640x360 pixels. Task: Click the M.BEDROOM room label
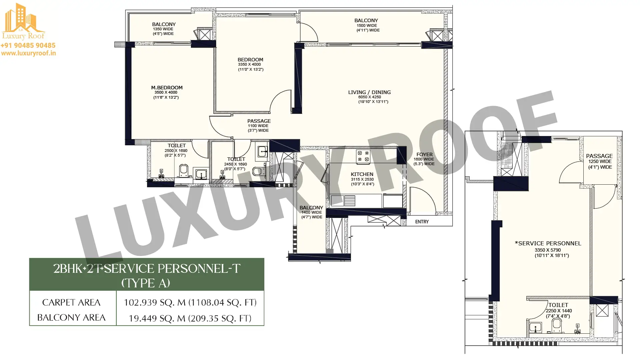(167, 88)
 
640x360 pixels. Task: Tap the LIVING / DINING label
(369, 92)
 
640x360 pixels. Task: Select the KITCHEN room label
(362, 174)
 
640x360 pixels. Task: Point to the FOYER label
(424, 155)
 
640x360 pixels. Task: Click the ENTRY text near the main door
(422, 222)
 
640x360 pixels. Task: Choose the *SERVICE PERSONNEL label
(548, 243)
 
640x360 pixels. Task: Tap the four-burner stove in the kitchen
(363, 157)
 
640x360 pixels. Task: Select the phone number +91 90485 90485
(28, 45)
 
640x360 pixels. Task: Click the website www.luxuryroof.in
(28, 53)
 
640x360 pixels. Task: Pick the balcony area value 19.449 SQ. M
(157, 318)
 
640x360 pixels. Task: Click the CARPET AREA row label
(71, 302)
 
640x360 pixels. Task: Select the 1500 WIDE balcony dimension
(367, 25)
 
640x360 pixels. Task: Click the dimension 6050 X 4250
(370, 97)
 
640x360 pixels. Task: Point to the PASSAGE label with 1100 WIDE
(259, 121)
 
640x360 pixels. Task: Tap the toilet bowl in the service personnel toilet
(557, 325)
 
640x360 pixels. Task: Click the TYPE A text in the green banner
(146, 283)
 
